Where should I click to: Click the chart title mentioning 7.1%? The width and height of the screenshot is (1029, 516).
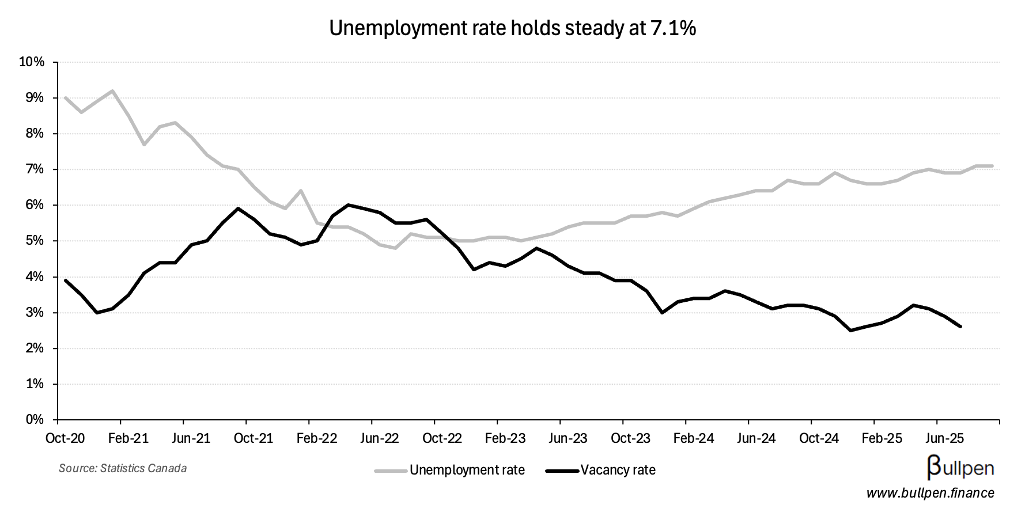pos(512,28)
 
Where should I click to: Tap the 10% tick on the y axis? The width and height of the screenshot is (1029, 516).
pos(32,62)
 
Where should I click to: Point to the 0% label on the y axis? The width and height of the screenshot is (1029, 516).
pos(34,420)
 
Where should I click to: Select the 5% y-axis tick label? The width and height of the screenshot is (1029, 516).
pos(34,241)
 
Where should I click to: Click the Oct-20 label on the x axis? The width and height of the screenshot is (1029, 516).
pos(65,439)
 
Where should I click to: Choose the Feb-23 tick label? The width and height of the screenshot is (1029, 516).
pos(505,439)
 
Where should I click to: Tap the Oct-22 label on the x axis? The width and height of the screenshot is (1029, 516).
pos(442,439)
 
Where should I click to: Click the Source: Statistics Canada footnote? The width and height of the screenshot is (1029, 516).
pos(123,468)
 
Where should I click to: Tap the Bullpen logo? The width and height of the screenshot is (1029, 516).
pos(960,467)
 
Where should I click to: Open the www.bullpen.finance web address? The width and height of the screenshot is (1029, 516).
pos(930,494)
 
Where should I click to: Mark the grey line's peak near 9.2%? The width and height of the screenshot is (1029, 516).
pos(112,91)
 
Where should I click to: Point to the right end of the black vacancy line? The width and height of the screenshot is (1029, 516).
pos(960,327)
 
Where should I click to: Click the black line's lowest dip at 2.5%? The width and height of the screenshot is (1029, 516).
pos(850,331)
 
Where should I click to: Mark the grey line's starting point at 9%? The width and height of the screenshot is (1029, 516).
pos(65,98)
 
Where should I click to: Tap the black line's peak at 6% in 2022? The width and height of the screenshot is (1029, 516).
pos(348,205)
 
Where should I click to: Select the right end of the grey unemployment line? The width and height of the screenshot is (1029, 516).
pos(992,166)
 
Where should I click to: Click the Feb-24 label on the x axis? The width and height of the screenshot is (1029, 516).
pos(693,439)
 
